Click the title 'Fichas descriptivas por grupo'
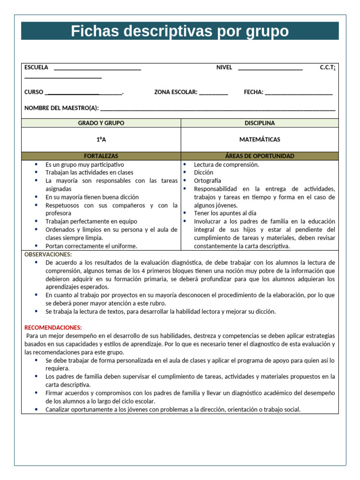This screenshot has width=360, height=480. pos(180,31)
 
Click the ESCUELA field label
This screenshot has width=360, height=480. pos(36,67)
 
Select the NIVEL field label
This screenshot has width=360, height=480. pos(224,67)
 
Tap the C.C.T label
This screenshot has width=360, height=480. pos(327,67)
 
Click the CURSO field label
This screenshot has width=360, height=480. pos(34,92)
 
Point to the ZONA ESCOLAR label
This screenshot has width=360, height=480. pos(176,92)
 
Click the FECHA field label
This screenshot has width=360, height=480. pos(254,92)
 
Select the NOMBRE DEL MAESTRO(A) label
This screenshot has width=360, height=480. pos(61,108)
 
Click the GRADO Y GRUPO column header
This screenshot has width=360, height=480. pos(101,123)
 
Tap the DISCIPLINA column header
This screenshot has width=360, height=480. pos(260,123)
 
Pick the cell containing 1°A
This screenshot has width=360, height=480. pos(101,140)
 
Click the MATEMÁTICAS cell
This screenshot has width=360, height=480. pos(260,140)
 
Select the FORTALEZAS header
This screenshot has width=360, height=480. pos(101,156)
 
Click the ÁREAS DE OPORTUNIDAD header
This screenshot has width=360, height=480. pos(260,156)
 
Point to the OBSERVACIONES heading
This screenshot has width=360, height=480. pos(48,255)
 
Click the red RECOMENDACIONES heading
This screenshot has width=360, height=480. pos(53,328)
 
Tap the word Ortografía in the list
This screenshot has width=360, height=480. pos(207,181)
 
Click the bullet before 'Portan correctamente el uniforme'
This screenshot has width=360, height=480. pos(37,246)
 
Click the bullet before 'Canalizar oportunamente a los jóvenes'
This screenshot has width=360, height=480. pos(37,409)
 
